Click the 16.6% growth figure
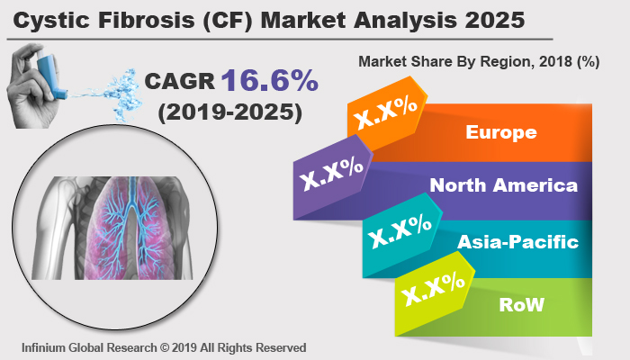coord(269,81)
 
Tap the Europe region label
coord(500,133)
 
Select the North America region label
coord(503,186)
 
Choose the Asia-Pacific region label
coord(517,242)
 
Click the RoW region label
coord(522,304)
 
